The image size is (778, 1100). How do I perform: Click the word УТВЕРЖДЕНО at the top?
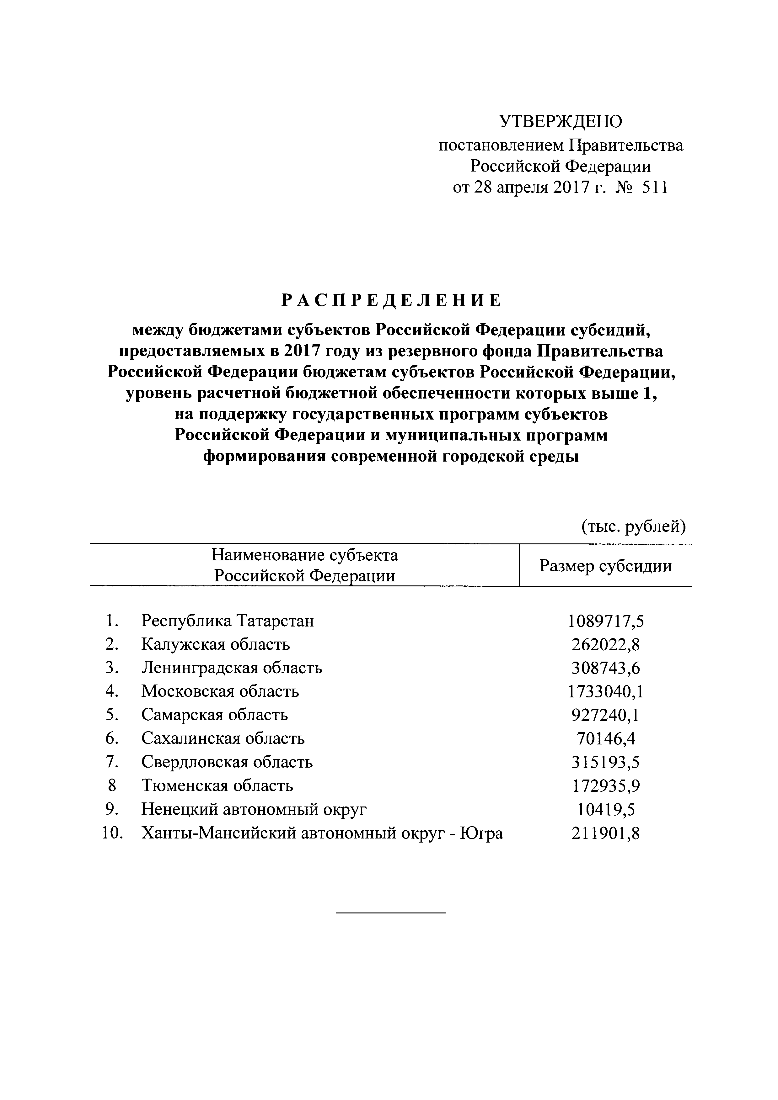pos(561,122)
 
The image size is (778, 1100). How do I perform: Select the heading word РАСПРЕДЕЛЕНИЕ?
pos(391,300)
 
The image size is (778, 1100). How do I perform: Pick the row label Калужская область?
pos(216,644)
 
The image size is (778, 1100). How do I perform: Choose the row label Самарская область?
pos(215,715)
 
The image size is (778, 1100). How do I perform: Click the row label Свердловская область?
pos(227,762)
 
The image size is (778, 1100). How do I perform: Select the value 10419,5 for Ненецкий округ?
pos(606,810)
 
